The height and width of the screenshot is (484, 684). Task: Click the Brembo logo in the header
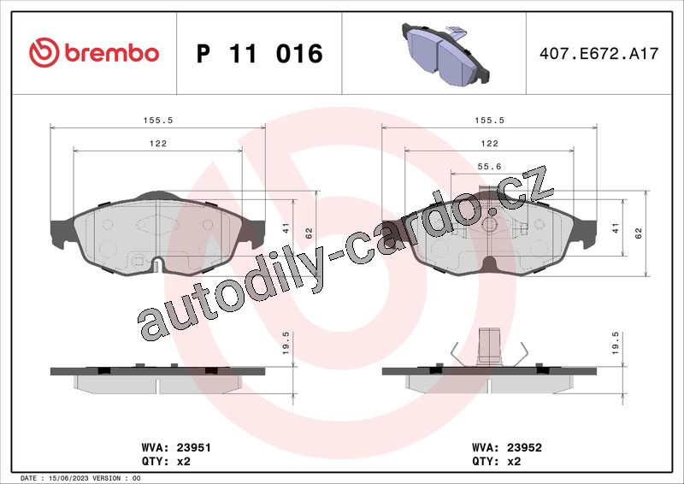coord(94,52)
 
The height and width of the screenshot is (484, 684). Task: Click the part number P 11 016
coord(260,53)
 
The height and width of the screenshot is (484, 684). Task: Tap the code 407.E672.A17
coord(599,53)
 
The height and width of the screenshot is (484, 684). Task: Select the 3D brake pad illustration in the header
coord(445,54)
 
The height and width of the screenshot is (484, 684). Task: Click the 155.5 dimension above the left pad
coord(158,120)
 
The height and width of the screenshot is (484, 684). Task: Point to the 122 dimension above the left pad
coord(158,143)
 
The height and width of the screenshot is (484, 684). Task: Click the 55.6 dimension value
coord(489,166)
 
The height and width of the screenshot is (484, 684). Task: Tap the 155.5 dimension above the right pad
coord(489,120)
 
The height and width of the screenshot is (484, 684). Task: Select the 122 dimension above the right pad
coord(489,143)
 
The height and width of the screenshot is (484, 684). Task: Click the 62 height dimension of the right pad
coord(639,233)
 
